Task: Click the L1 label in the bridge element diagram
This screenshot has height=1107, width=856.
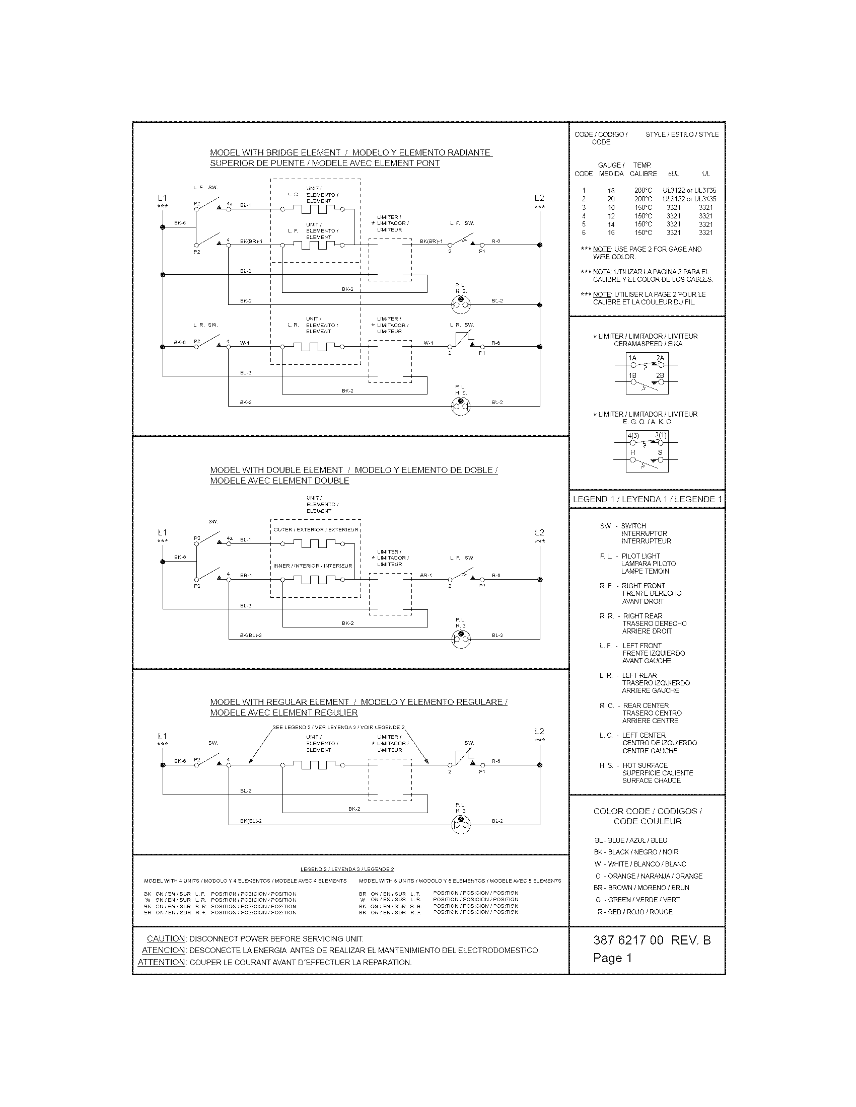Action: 162,198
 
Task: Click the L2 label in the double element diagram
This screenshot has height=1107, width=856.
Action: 539,532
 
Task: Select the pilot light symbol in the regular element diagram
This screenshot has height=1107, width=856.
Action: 460,825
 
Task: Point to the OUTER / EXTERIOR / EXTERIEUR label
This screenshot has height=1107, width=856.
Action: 315,530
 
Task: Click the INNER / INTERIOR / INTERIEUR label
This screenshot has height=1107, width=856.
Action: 312,566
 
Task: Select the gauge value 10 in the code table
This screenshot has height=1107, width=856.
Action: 611,207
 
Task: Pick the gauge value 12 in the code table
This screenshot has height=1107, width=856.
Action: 611,216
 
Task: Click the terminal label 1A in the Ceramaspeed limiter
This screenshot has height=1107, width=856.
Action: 632,358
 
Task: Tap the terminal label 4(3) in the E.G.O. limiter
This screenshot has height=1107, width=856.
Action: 633,435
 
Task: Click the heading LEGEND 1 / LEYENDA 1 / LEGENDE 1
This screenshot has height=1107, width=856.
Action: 647,499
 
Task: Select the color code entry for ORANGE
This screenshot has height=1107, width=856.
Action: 649,876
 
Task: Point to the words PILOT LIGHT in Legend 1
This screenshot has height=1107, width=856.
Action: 640,556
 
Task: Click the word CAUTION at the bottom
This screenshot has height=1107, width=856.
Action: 166,939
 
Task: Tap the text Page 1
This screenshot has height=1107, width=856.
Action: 612,958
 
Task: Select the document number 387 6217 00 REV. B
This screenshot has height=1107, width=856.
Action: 652,940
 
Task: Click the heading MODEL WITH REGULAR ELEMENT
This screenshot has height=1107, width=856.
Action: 279,702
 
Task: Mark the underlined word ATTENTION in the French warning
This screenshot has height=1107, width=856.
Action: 161,962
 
